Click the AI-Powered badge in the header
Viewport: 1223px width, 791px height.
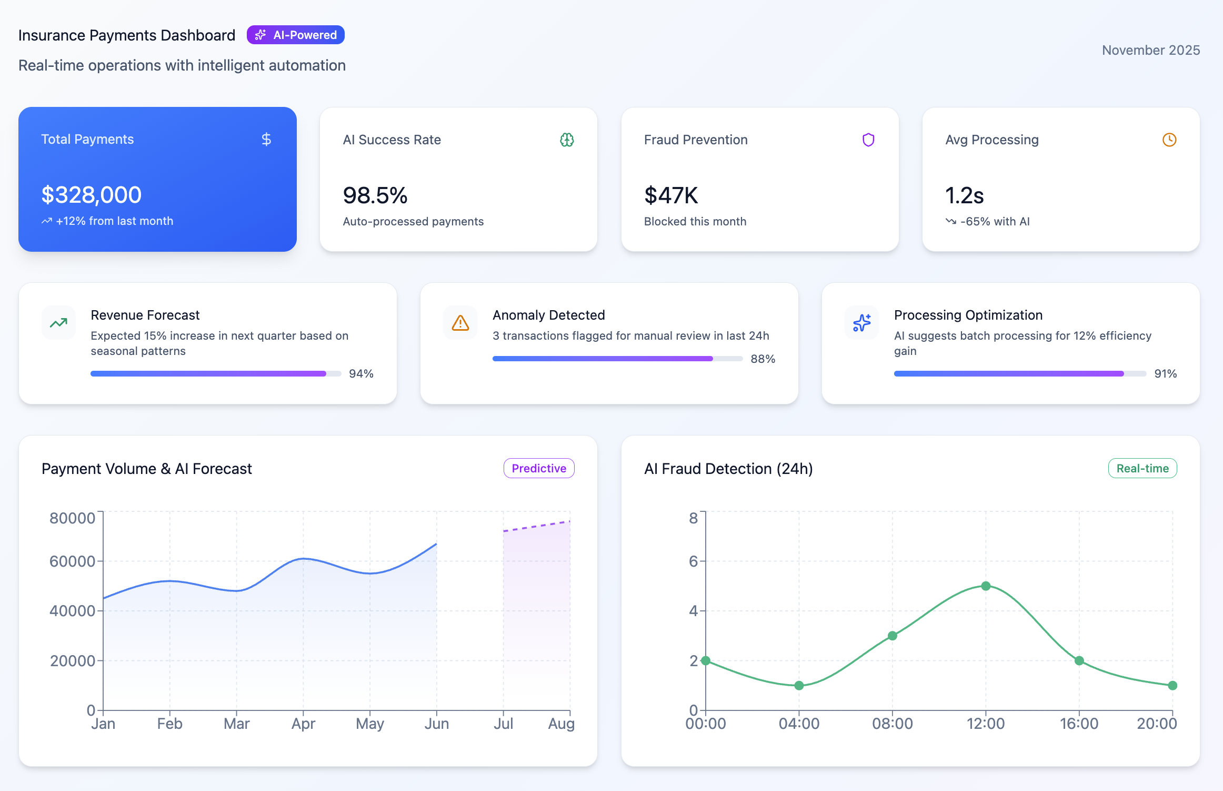click(295, 35)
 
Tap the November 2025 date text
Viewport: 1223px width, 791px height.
click(1150, 50)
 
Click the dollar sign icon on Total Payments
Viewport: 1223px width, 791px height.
click(266, 139)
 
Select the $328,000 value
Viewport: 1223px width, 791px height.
click(92, 195)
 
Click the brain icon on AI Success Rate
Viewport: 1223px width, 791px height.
click(567, 140)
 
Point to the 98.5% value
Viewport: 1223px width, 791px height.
click(375, 195)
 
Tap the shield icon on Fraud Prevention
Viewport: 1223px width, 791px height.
click(868, 140)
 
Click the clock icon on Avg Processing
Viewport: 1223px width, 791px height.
click(1169, 140)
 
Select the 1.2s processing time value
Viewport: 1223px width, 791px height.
click(964, 195)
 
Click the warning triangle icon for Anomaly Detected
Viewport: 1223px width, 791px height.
click(460, 322)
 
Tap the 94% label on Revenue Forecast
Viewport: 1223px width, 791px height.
click(361, 373)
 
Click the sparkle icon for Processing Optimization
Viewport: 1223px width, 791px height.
click(861, 322)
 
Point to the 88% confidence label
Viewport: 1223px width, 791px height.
click(763, 359)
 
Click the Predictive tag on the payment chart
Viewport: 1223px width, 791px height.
click(538, 468)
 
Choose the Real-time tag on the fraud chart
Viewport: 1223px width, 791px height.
click(1142, 468)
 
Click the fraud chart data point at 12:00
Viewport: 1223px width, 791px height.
click(986, 586)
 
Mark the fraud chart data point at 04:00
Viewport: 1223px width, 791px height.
click(799, 685)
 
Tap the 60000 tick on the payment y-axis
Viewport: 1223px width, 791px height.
click(73, 561)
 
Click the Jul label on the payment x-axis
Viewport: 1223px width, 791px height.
click(503, 724)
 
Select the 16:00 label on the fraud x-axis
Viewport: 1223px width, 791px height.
click(1079, 724)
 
